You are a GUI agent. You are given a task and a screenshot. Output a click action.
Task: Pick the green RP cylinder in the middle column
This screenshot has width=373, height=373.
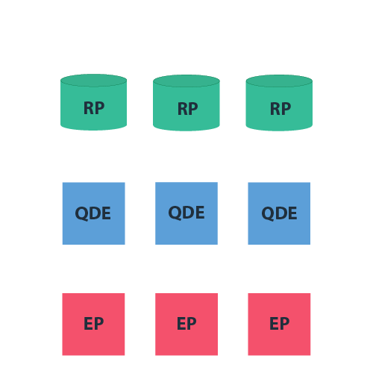[x=186, y=109]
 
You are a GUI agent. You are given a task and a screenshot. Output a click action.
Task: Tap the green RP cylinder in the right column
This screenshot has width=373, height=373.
[x=279, y=109]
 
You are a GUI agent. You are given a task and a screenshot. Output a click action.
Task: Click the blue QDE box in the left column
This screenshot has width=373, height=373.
[x=93, y=213]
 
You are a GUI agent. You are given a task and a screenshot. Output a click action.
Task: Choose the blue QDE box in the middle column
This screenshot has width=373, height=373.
[x=186, y=213]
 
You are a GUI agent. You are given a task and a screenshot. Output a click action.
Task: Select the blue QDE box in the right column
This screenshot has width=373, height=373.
[x=279, y=213]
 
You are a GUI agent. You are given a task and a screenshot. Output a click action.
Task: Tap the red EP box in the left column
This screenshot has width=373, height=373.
[x=93, y=324]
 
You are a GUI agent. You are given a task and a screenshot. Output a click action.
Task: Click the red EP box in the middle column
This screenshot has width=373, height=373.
[x=186, y=324]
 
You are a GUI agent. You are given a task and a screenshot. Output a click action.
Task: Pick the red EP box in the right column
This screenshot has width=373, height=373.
[x=279, y=324]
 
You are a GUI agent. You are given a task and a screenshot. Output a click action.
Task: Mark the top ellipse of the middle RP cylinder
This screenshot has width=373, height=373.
[x=186, y=81]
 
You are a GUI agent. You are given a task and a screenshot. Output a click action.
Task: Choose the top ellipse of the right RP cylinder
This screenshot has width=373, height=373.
[x=279, y=81]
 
